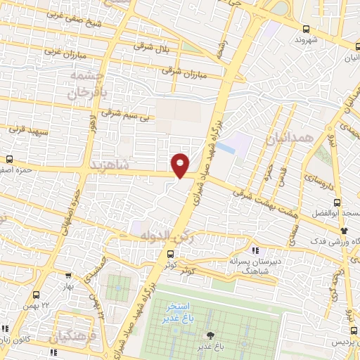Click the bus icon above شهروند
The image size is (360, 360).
(x=305, y=29)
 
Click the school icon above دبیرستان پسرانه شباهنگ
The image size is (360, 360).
(x=255, y=250)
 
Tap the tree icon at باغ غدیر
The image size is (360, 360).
(x=208, y=335)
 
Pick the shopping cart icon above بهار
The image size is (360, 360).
(x=67, y=277)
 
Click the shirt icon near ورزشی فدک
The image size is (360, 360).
(x=343, y=230)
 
